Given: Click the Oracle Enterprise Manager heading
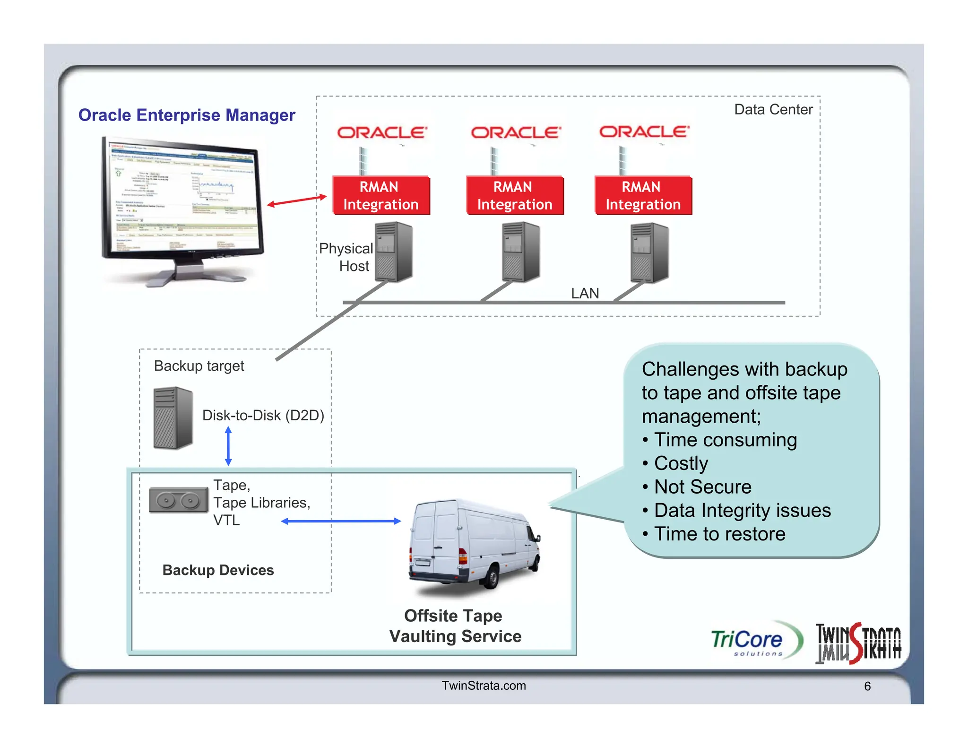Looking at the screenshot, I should pos(187,115).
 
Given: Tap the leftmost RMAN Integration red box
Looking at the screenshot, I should pos(381,196).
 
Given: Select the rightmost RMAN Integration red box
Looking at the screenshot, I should pos(643,196).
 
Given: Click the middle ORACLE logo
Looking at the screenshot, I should pos(516,132).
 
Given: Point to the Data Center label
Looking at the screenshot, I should pos(773,110).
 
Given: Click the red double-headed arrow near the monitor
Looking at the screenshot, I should pos(297,200).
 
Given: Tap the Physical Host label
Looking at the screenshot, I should pos(346,257).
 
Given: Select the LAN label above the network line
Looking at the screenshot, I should pos(585,293).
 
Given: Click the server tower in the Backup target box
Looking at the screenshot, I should pos(173,418).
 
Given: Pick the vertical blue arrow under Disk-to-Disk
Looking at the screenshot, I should pos(228,446).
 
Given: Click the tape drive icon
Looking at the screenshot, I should pos(178,500).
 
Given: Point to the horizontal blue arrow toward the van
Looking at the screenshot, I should pos(341,521).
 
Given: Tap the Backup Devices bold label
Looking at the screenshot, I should pos(218,570).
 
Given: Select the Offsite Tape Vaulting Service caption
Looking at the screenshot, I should pos(455,626).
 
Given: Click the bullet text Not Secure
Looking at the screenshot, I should pos(702,487).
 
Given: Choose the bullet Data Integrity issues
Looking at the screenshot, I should pos(742,511).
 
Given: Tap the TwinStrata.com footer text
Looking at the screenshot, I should pos(484,686).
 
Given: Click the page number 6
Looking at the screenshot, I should pos(867,686).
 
